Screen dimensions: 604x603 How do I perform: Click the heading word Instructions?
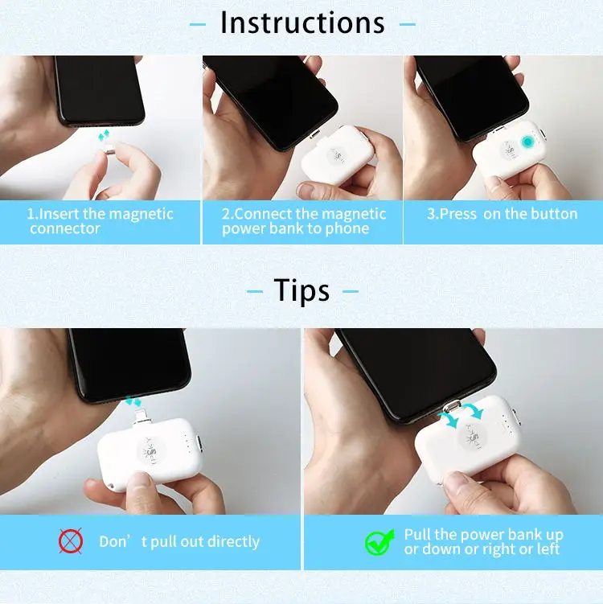pyautogui.click(x=302, y=23)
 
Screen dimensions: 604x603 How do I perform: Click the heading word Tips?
pyautogui.click(x=301, y=290)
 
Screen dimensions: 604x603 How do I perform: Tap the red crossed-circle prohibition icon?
pyautogui.click(x=71, y=541)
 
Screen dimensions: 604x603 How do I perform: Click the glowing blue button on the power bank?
pyautogui.click(x=527, y=142)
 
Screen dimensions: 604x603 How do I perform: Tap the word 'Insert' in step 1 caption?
pyautogui.click(x=59, y=214)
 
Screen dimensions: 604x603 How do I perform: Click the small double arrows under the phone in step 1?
pyautogui.click(x=104, y=136)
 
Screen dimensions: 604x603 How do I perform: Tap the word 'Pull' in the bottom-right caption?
pyautogui.click(x=419, y=535)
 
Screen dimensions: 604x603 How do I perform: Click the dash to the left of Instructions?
pyautogui.click(x=198, y=24)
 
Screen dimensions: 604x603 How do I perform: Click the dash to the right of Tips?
pyautogui.click(x=350, y=291)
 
